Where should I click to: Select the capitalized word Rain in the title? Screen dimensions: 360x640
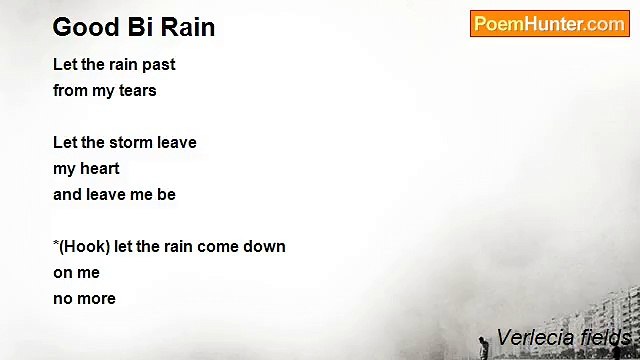188,27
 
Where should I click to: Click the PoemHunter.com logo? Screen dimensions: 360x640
549,24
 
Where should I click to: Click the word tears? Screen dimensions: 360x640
137,91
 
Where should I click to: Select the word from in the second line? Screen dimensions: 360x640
70,91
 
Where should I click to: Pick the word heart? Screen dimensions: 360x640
99,169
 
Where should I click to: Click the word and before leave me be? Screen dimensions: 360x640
68,195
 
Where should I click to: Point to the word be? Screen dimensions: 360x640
166,195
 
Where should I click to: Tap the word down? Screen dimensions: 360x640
265,247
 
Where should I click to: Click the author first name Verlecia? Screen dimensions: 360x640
534,338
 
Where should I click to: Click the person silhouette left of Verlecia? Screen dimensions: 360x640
484,346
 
